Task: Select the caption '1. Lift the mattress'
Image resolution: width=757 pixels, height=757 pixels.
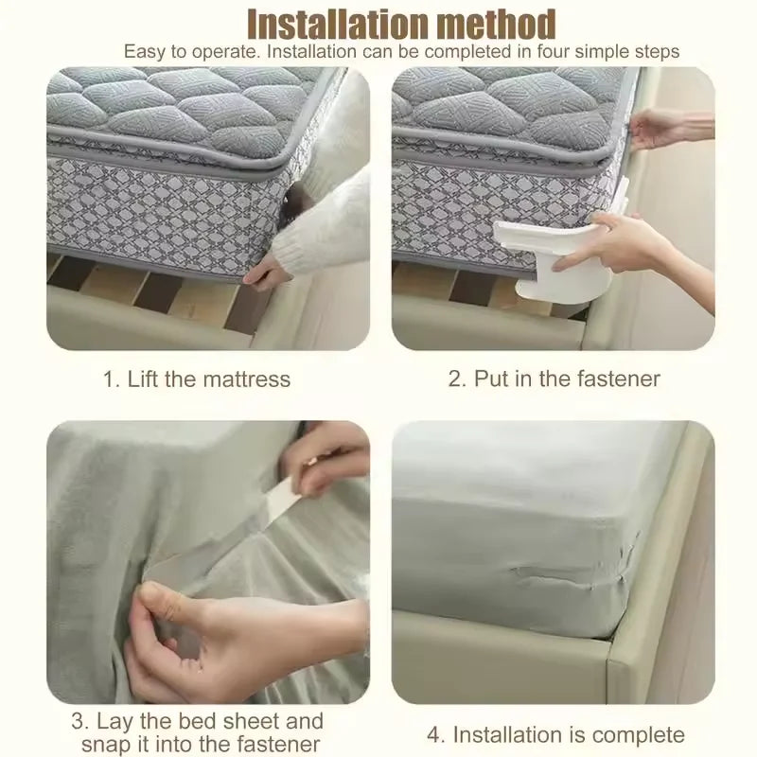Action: pos(197,379)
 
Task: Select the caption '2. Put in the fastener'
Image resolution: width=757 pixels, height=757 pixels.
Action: pos(555,379)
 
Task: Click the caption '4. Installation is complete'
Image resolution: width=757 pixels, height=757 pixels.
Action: pos(555,734)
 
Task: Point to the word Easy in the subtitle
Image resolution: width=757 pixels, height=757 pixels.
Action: pos(144,51)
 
